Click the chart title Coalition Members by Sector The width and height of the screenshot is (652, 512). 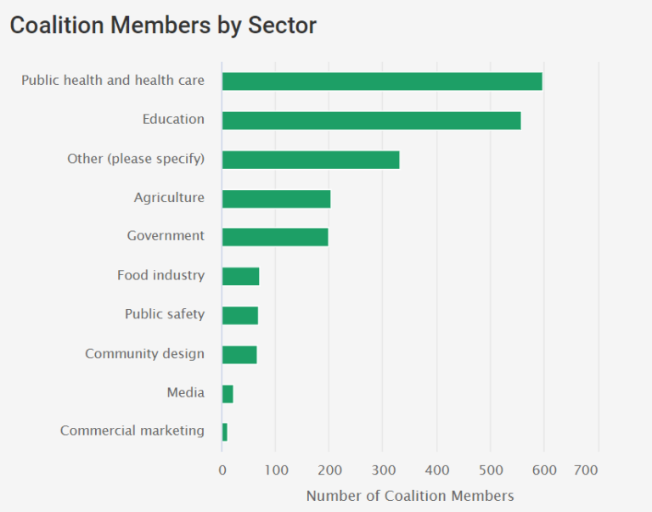[163, 25]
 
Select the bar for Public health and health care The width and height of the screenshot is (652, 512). [382, 82]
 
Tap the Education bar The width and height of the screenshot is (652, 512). [371, 121]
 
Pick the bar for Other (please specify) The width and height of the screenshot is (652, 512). [311, 160]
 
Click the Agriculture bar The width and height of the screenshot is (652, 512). [276, 199]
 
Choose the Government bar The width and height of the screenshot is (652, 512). [275, 237]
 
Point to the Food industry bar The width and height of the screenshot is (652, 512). [240, 276]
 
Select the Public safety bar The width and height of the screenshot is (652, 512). [240, 315]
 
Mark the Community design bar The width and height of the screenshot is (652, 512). [239, 354]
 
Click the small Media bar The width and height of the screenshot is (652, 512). [228, 393]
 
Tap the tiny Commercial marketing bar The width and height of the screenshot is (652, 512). [225, 432]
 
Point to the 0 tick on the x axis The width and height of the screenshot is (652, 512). [222, 470]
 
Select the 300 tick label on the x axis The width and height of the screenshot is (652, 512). [383, 470]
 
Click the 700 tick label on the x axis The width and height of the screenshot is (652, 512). [587, 470]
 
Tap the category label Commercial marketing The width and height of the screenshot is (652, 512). [132, 430]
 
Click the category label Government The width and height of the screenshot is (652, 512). [166, 236]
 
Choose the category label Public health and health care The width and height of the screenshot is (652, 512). [113, 81]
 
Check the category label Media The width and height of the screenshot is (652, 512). [186, 392]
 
